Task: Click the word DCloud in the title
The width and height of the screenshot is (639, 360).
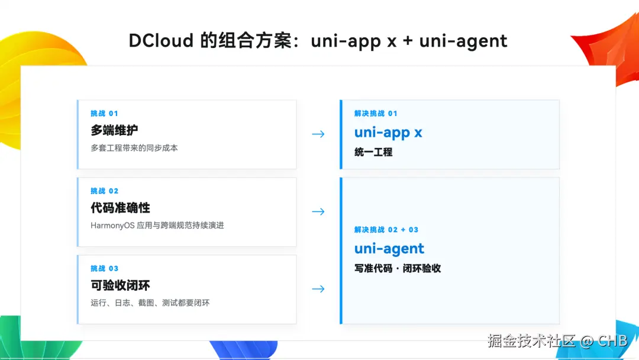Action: click(x=161, y=41)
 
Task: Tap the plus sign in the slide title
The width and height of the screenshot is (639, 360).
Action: click(x=408, y=41)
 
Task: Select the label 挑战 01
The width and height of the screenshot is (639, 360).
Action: click(x=104, y=113)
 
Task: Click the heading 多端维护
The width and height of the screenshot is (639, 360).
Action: click(x=114, y=130)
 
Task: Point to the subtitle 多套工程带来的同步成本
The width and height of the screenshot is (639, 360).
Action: click(x=134, y=148)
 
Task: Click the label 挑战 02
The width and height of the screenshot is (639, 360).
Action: click(x=104, y=191)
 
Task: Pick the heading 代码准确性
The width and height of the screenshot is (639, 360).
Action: click(x=120, y=208)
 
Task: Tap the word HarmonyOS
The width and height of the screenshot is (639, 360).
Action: click(x=112, y=226)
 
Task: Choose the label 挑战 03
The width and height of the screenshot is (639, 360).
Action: click(x=104, y=268)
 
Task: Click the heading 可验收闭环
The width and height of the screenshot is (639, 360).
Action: click(x=120, y=285)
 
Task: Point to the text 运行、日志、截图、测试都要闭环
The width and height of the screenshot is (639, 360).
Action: click(x=150, y=303)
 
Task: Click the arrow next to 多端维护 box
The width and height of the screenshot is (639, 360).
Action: click(x=318, y=134)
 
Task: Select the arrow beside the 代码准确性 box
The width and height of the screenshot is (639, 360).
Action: click(x=318, y=211)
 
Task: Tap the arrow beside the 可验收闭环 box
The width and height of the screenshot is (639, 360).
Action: click(x=318, y=289)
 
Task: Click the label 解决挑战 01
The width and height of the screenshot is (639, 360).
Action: click(x=376, y=113)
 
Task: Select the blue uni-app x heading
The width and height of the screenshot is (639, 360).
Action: click(x=388, y=133)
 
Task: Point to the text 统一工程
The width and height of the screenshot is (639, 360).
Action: click(x=373, y=153)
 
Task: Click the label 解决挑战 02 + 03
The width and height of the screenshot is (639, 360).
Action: click(x=386, y=230)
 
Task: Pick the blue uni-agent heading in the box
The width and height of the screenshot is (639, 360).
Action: click(x=389, y=249)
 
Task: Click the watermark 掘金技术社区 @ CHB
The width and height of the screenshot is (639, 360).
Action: click(x=557, y=341)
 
